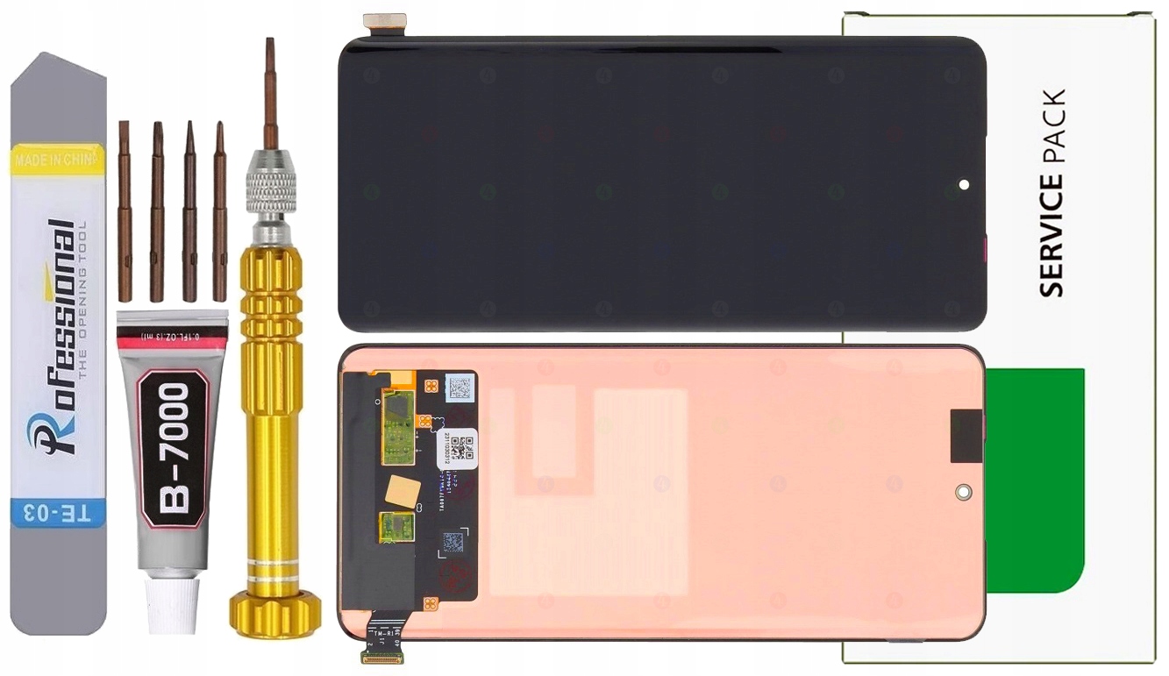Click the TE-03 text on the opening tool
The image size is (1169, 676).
click(58, 512)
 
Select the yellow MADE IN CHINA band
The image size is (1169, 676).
click(58, 160)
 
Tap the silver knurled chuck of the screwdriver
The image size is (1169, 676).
click(271, 184)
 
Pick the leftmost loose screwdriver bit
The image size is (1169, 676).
click(125, 210)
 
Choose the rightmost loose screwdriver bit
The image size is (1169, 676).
click(219, 210)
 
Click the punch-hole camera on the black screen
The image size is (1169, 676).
click(964, 185)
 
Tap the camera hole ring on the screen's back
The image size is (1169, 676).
click(964, 492)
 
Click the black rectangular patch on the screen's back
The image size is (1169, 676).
click(966, 437)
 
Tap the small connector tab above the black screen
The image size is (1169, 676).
click(384, 22)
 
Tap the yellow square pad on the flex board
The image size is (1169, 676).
click(403, 491)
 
